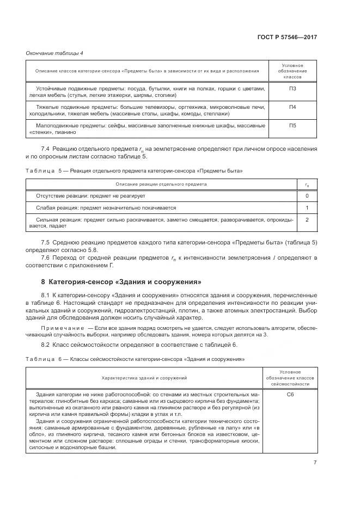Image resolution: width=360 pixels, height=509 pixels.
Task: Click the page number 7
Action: tap(315, 463)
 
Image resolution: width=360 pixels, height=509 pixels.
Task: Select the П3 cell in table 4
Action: tap(292, 88)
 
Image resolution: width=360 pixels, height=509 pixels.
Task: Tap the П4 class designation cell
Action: tap(292, 107)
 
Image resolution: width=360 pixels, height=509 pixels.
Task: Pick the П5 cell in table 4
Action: tap(292, 126)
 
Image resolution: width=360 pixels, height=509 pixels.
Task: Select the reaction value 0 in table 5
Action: tap(307, 195)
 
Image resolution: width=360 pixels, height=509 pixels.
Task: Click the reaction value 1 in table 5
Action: tap(307, 208)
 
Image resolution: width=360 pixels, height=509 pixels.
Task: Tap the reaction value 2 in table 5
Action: tap(307, 219)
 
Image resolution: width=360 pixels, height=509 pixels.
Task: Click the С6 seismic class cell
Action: tap(290, 394)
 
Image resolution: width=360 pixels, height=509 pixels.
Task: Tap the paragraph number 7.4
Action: tap(46, 149)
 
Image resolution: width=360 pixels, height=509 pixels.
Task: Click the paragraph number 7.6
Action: tap(46, 257)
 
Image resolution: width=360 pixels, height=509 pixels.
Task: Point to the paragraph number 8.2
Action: tap(46, 345)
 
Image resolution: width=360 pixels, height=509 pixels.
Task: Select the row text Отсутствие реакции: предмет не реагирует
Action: tap(90, 195)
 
